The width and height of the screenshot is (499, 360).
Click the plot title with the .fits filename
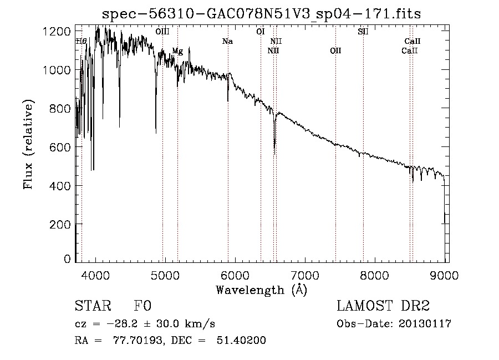click(x=261, y=14)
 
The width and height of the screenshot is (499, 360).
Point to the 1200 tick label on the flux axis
click(x=57, y=31)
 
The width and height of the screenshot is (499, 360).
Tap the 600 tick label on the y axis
click(x=60, y=148)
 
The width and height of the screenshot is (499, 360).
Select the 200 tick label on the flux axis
click(x=60, y=225)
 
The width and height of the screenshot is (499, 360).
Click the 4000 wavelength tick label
click(x=95, y=275)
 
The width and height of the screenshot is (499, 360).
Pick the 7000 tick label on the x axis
click(x=305, y=275)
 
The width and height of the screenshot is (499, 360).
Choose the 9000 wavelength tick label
click(x=444, y=275)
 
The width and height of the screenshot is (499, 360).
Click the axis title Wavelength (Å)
click(x=262, y=290)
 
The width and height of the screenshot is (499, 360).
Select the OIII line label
click(x=162, y=32)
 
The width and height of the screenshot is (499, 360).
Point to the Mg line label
click(x=177, y=51)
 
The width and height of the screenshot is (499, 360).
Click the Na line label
click(x=227, y=42)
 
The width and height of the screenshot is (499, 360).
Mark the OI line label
click(x=261, y=32)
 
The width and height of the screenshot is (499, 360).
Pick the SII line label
click(x=363, y=32)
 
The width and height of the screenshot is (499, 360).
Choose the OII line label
click(x=335, y=50)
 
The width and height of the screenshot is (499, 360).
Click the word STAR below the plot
click(x=93, y=306)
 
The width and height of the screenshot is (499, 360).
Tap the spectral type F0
click(x=142, y=306)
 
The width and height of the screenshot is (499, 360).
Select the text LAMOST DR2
click(x=383, y=306)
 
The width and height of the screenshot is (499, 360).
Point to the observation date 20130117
click(x=425, y=324)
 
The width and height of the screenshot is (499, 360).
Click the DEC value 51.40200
click(x=241, y=340)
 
